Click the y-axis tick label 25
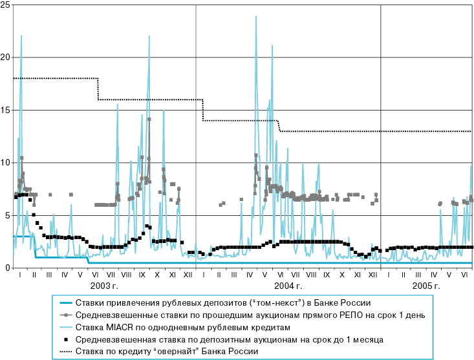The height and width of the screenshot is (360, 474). (x=5, y=5)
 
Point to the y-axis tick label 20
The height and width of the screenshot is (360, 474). (x=5, y=58)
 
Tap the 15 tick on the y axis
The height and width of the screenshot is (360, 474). (x=5, y=110)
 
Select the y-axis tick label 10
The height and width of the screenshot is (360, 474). (x=5, y=163)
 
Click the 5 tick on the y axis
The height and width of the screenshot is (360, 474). (x=7, y=215)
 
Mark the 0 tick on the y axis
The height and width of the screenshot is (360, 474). (x=7, y=268)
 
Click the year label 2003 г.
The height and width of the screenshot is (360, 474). (x=104, y=285)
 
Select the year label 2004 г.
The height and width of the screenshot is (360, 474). (x=288, y=285)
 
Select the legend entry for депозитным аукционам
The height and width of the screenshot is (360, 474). (x=230, y=339)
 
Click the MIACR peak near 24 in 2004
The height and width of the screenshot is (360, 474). (x=256, y=16)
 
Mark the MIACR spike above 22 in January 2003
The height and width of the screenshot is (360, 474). (x=21, y=36)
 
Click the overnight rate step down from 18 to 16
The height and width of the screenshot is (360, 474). (x=98, y=89)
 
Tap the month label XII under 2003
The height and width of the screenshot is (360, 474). (x=188, y=275)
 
